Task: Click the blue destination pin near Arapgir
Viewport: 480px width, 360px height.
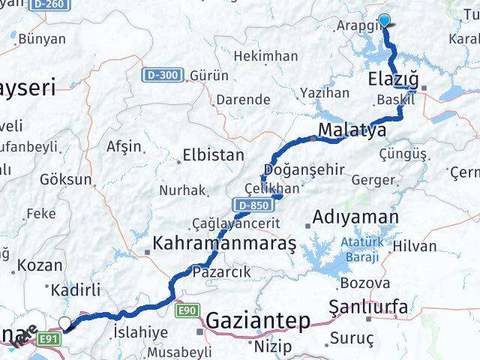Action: (x=385, y=21)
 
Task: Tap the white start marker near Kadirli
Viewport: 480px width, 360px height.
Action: (x=65, y=324)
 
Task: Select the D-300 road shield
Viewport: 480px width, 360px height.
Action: (x=162, y=75)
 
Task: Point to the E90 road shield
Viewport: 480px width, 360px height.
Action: (x=188, y=308)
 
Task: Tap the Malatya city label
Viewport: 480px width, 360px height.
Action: (x=352, y=130)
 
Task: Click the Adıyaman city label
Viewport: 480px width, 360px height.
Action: (x=355, y=217)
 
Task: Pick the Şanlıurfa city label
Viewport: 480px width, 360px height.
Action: (x=368, y=306)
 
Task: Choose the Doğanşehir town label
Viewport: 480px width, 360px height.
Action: (x=304, y=169)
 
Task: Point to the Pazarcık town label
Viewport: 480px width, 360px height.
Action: (x=220, y=271)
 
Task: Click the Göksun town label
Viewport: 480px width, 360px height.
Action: (x=66, y=180)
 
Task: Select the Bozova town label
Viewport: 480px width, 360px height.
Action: (x=365, y=283)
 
